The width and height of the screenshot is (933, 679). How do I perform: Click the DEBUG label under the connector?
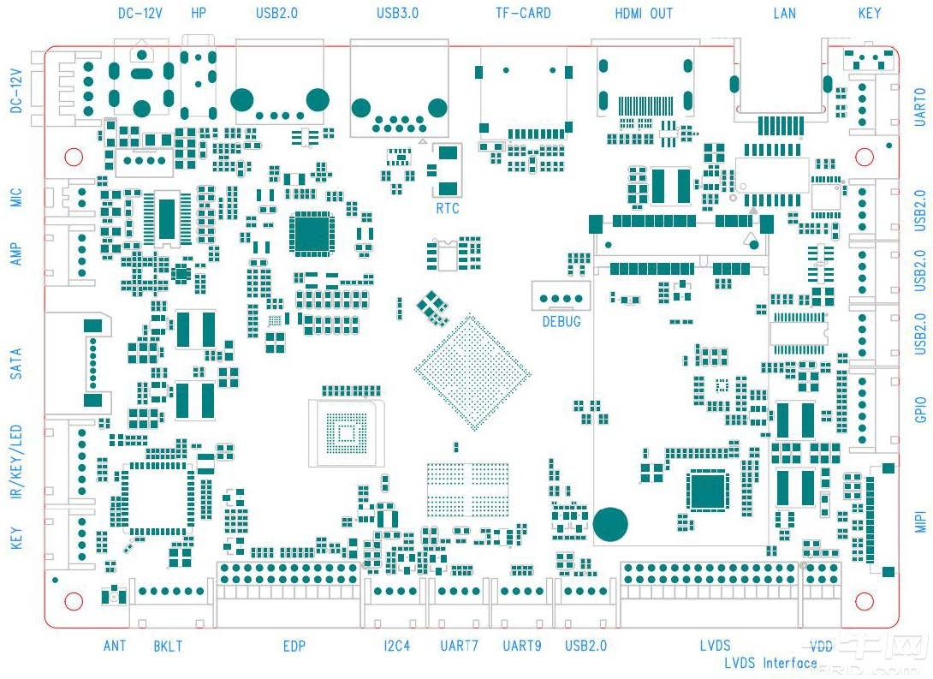[x=562, y=322]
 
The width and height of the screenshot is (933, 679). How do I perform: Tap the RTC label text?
[x=448, y=207]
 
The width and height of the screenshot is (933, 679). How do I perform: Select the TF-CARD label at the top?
[x=523, y=14]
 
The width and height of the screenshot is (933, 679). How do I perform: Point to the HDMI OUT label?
[x=644, y=14]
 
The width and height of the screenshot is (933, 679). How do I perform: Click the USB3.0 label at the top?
[x=397, y=14]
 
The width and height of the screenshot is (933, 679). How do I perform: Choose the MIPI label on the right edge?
[x=921, y=518]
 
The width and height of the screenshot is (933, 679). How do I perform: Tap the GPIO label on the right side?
[x=921, y=409]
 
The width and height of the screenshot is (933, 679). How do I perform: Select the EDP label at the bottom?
[x=294, y=646]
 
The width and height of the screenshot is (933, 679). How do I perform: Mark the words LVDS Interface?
[x=770, y=663]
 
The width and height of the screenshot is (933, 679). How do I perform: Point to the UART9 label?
[x=522, y=646]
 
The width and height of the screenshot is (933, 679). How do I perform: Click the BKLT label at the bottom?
[x=168, y=646]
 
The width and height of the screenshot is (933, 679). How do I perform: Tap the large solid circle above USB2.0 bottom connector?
[x=611, y=524]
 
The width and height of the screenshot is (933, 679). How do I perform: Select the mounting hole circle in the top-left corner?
[x=74, y=158]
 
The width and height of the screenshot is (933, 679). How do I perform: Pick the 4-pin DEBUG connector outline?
[x=561, y=296]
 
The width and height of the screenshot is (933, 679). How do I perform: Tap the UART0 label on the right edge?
[x=921, y=107]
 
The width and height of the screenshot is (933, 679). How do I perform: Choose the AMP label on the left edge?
[x=15, y=253]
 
